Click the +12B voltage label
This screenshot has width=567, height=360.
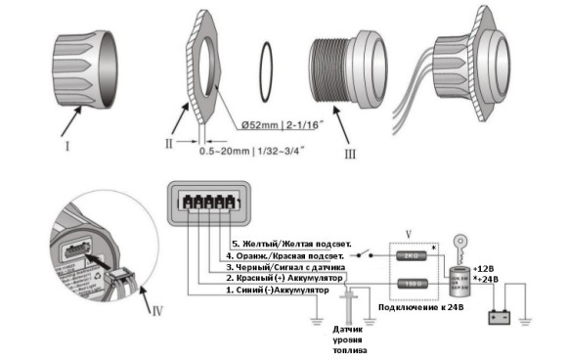pyautogui.click(x=485, y=267)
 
